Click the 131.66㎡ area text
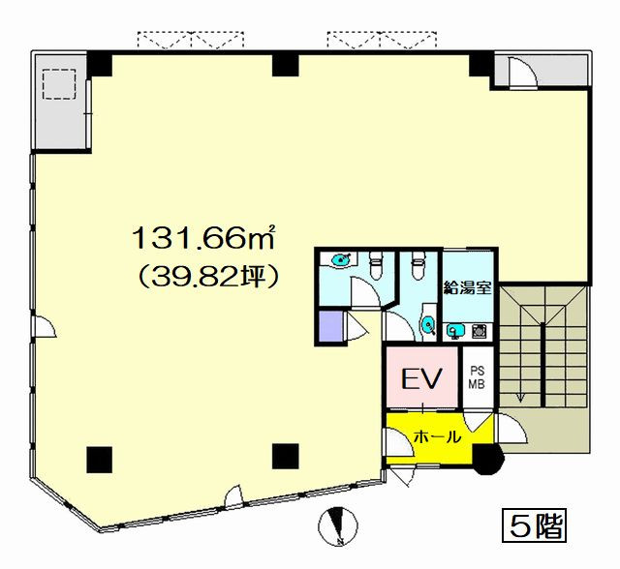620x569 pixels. [x=203, y=238]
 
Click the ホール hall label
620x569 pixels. [x=437, y=436]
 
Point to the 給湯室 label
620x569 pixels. [x=467, y=287]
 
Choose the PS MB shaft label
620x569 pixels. [x=477, y=378]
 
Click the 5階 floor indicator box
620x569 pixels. [x=534, y=524]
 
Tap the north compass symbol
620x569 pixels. [x=338, y=526]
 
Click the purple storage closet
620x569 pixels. [x=330, y=327]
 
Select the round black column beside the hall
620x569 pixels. [x=488, y=459]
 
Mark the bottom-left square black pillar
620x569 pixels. [x=99, y=460]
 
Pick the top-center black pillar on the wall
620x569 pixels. [x=285, y=65]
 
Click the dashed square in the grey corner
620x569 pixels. [x=59, y=84]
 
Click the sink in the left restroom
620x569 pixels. [x=340, y=259]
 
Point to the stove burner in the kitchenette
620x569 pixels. [x=480, y=331]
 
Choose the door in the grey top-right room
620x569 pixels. [x=523, y=71]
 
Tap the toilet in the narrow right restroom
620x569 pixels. [x=417, y=265]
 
